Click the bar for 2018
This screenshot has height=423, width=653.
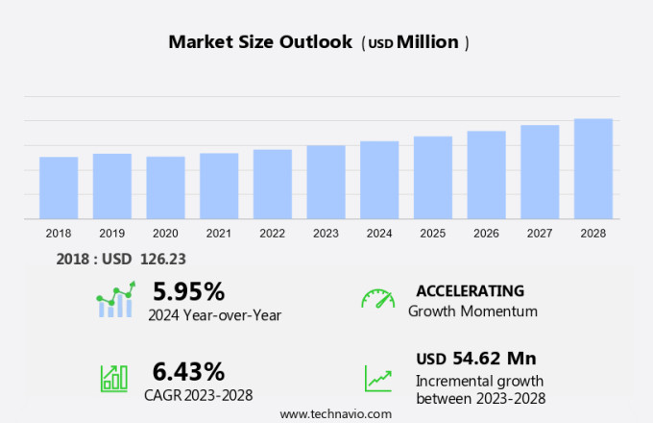[x=59, y=187]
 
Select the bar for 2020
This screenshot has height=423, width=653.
[x=165, y=187]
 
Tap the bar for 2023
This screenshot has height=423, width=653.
[x=326, y=183]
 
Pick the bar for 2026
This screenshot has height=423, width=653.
[x=486, y=175]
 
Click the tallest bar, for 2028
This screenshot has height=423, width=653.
[x=593, y=169]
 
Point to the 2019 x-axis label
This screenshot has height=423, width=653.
[x=112, y=234]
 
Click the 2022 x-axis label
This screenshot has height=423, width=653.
[x=273, y=234]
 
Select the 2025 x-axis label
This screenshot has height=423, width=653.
[x=433, y=234]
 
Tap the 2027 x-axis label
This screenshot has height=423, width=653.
[x=540, y=234]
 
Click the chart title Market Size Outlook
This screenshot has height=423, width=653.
[x=259, y=42]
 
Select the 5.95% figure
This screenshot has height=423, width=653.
[x=188, y=291]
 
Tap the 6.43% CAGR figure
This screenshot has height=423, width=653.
[x=188, y=371]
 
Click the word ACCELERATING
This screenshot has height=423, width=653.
[x=470, y=291]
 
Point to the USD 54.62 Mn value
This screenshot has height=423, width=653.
[x=475, y=359]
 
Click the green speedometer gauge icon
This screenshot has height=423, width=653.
[x=377, y=299]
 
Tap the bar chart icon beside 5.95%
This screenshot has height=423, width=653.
[x=115, y=300]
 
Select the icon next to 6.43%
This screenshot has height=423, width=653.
[x=114, y=377]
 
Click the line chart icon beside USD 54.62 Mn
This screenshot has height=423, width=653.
[x=377, y=377]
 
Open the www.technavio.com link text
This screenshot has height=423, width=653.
[x=335, y=412]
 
